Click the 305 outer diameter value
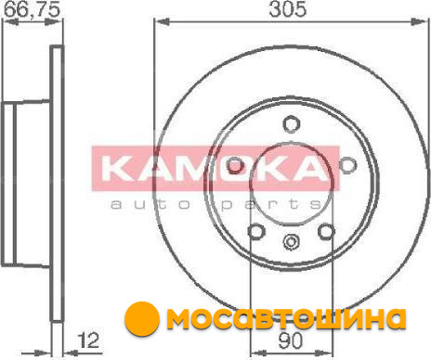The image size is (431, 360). tap(288, 9)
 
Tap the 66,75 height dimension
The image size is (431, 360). tap(32, 9)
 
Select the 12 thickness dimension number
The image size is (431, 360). tap(88, 341)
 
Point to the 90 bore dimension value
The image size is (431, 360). tap(290, 341)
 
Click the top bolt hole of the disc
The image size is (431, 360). tap(292, 123)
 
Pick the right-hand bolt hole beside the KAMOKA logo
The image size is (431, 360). tap(347, 165)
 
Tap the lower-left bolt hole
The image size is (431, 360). tap(256, 231)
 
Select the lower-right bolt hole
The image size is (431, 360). tap(327, 231)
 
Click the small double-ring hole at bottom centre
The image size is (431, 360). tap(292, 241)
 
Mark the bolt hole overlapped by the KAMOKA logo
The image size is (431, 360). tap(235, 165)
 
